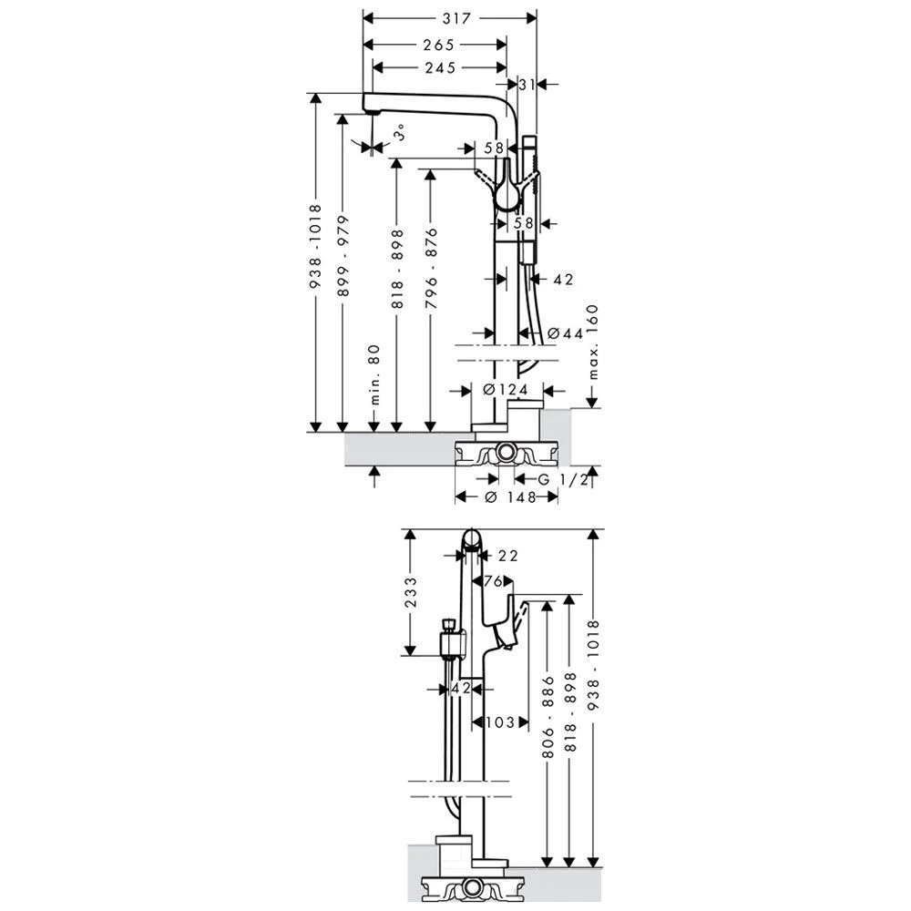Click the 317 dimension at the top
click(x=451, y=17)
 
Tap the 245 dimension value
click(x=440, y=67)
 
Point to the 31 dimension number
click(x=527, y=84)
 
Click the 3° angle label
click(x=399, y=133)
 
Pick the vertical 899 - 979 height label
click(x=343, y=258)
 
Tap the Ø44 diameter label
click(x=566, y=334)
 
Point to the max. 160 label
click(x=592, y=343)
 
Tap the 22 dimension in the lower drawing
click(x=507, y=556)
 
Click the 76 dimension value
click(x=494, y=581)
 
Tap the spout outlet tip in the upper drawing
click(x=370, y=109)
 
